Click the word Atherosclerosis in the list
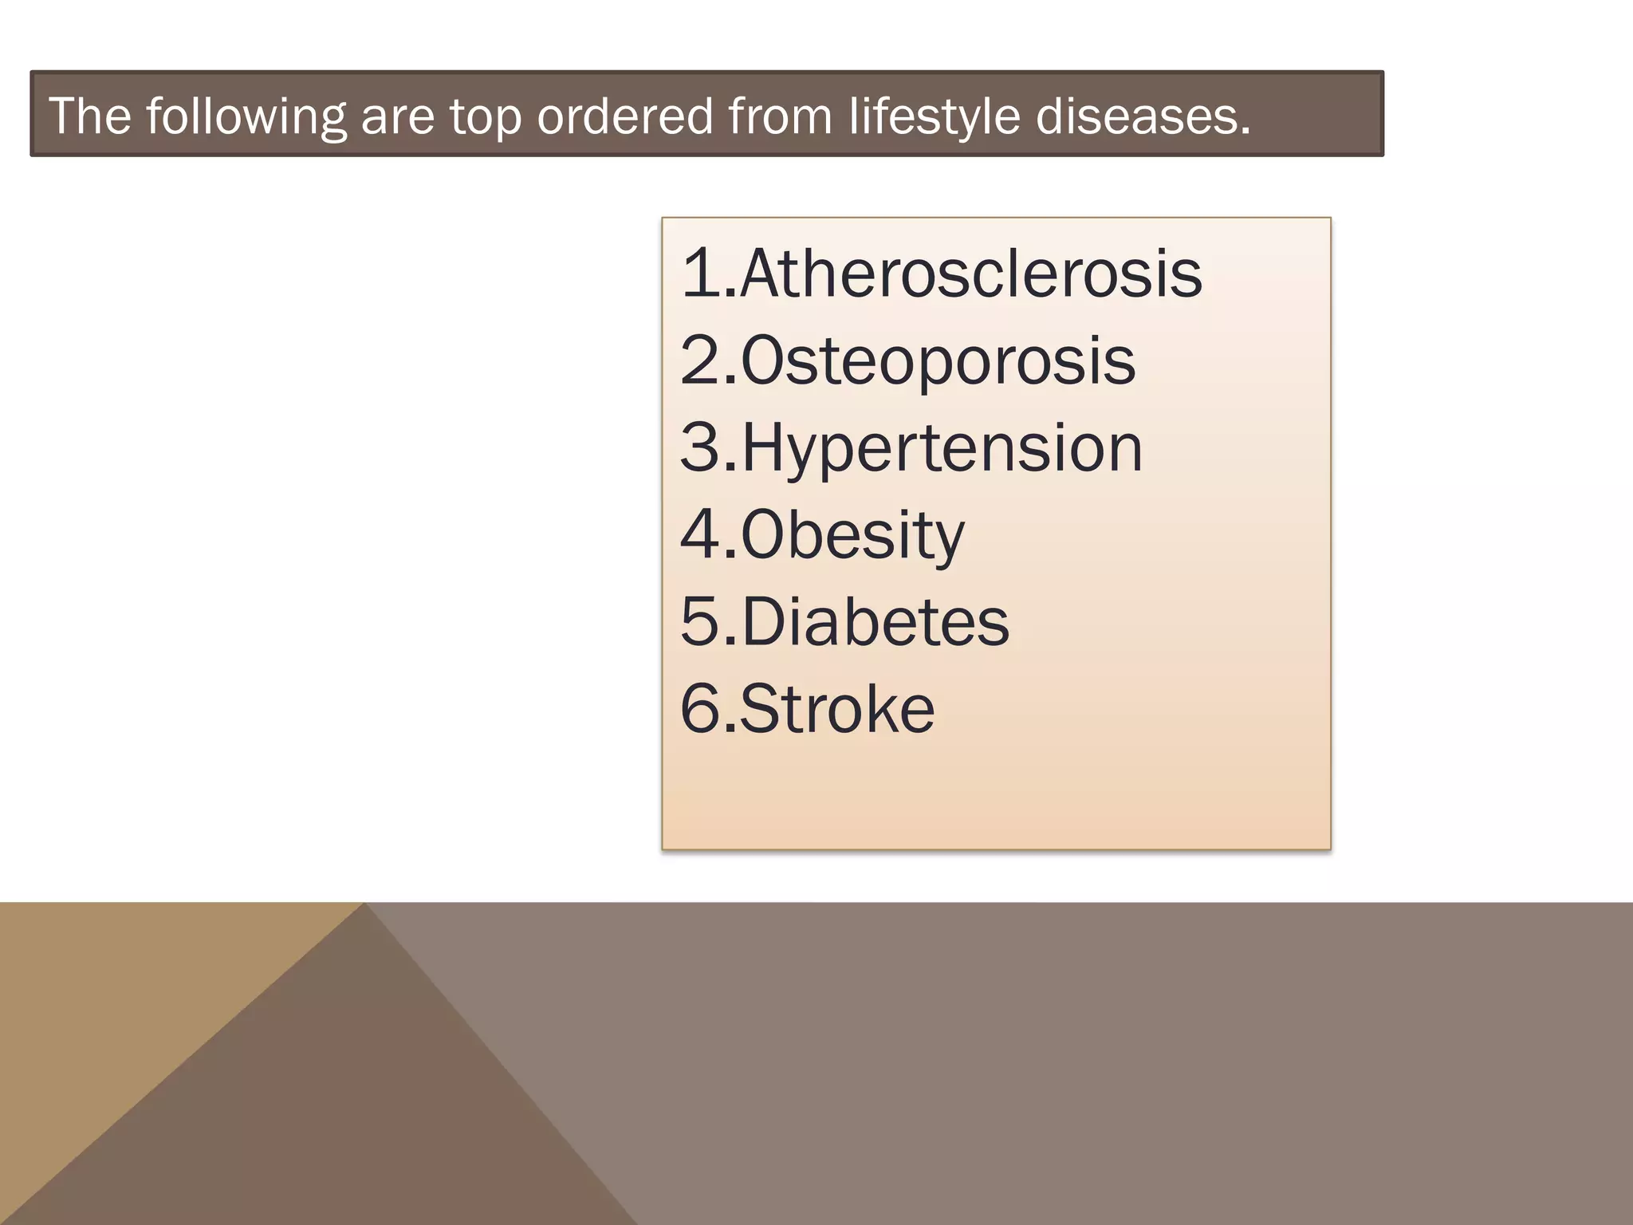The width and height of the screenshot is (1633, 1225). pyautogui.click(x=970, y=274)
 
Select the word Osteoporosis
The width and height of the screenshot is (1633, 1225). pyautogui.click(x=938, y=361)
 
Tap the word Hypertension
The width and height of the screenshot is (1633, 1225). pyautogui.click(x=942, y=448)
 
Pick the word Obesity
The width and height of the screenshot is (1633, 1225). pyautogui.click(x=852, y=535)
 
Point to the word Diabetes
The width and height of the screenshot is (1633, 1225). pyautogui.click(x=875, y=622)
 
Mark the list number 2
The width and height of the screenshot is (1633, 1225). pyautogui.click(x=700, y=361)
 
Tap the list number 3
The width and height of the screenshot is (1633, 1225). pyautogui.click(x=700, y=448)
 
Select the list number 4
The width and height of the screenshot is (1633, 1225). pyautogui.click(x=700, y=535)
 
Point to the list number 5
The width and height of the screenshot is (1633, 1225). pyautogui.click(x=700, y=622)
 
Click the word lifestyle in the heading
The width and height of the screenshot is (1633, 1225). pyautogui.click(x=934, y=116)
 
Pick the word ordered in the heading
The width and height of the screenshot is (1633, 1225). pyautogui.click(x=624, y=116)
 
